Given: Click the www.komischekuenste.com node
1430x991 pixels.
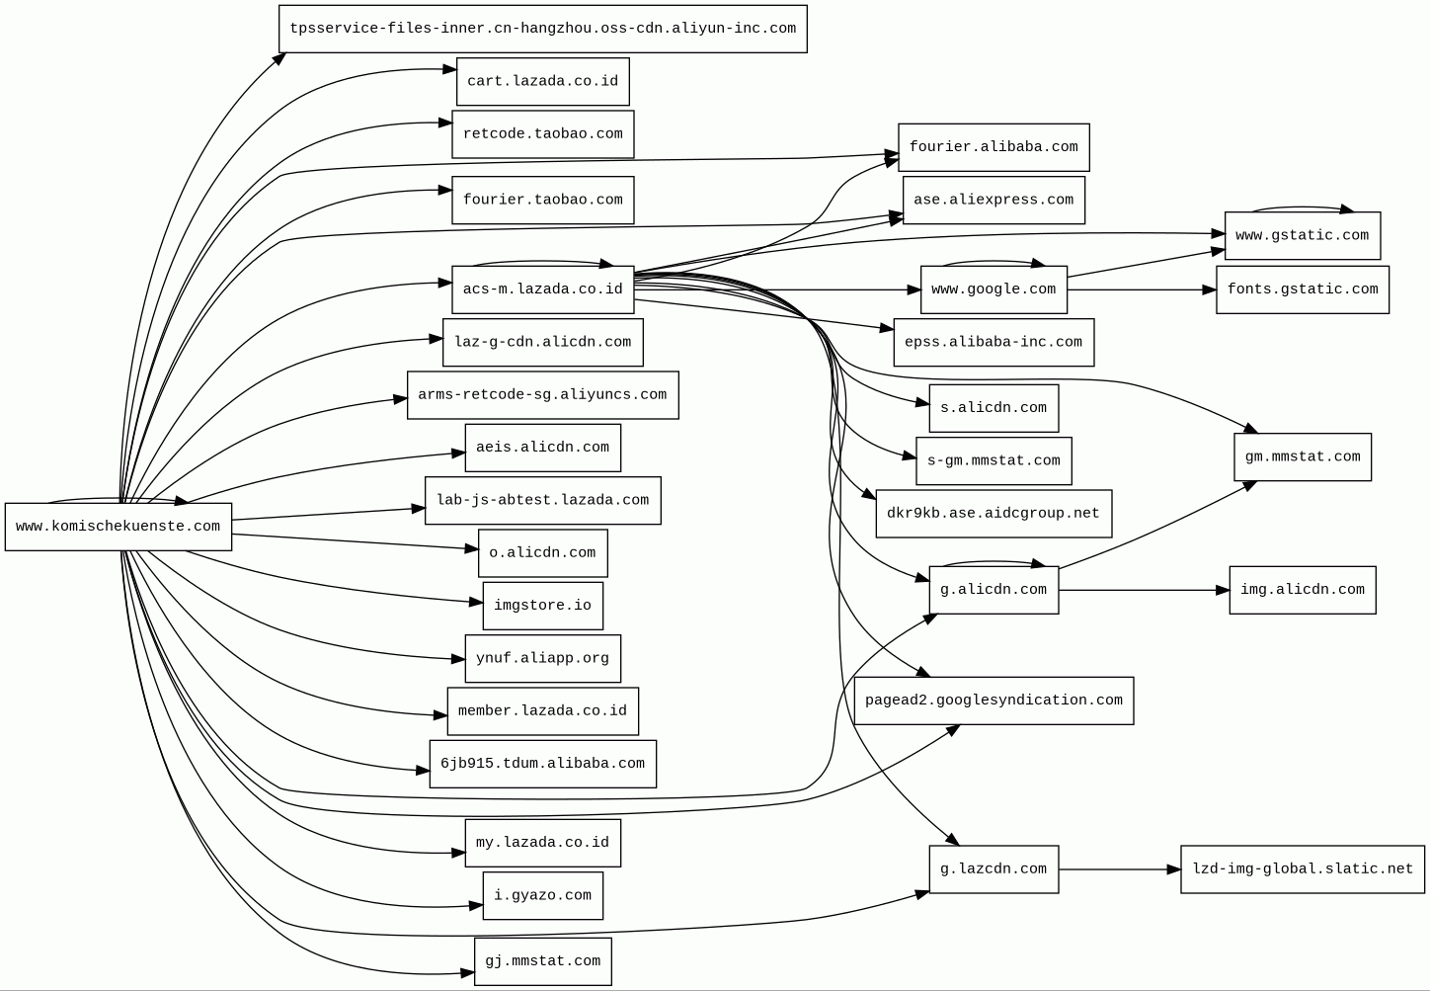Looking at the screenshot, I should coord(119,527).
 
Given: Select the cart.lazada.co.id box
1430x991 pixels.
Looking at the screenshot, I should coord(542,81).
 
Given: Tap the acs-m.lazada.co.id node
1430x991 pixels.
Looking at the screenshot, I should coord(542,289).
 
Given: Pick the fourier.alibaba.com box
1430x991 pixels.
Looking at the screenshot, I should coord(993,147).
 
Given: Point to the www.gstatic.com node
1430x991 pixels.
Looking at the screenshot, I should coord(1302,236).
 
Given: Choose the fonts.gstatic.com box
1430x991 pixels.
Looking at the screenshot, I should coord(1302,289).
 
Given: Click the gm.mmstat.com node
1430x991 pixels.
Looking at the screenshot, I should coord(1302,457).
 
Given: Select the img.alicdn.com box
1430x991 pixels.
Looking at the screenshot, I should coord(1302,590).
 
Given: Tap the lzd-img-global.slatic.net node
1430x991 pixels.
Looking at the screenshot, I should coord(1302,869).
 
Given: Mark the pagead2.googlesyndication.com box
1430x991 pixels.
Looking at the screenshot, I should coord(993,701).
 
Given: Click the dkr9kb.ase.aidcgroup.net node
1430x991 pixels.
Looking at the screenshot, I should coord(993,514).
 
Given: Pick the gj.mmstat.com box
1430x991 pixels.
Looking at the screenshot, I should coord(542,961).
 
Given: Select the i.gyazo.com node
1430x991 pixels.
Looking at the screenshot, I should coord(542,896).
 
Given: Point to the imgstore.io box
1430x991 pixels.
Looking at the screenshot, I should coord(542,606).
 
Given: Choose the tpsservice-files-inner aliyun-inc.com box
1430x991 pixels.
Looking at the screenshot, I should coord(542,29).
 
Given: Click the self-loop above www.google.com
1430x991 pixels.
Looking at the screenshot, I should coord(993,262).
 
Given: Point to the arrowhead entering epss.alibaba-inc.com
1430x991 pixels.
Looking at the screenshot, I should coord(887,328).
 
